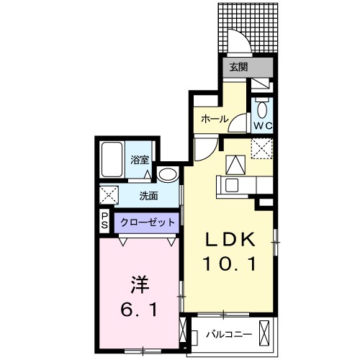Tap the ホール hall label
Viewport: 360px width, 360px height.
click(214, 118)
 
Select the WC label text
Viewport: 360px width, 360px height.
click(261, 125)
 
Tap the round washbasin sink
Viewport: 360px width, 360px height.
click(167, 175)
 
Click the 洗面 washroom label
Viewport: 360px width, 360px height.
click(149, 195)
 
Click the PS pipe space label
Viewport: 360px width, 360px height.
click(104, 222)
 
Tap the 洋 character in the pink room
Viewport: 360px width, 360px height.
click(140, 284)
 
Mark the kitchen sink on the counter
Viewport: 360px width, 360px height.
click(233, 185)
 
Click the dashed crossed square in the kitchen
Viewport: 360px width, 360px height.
click(260, 149)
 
